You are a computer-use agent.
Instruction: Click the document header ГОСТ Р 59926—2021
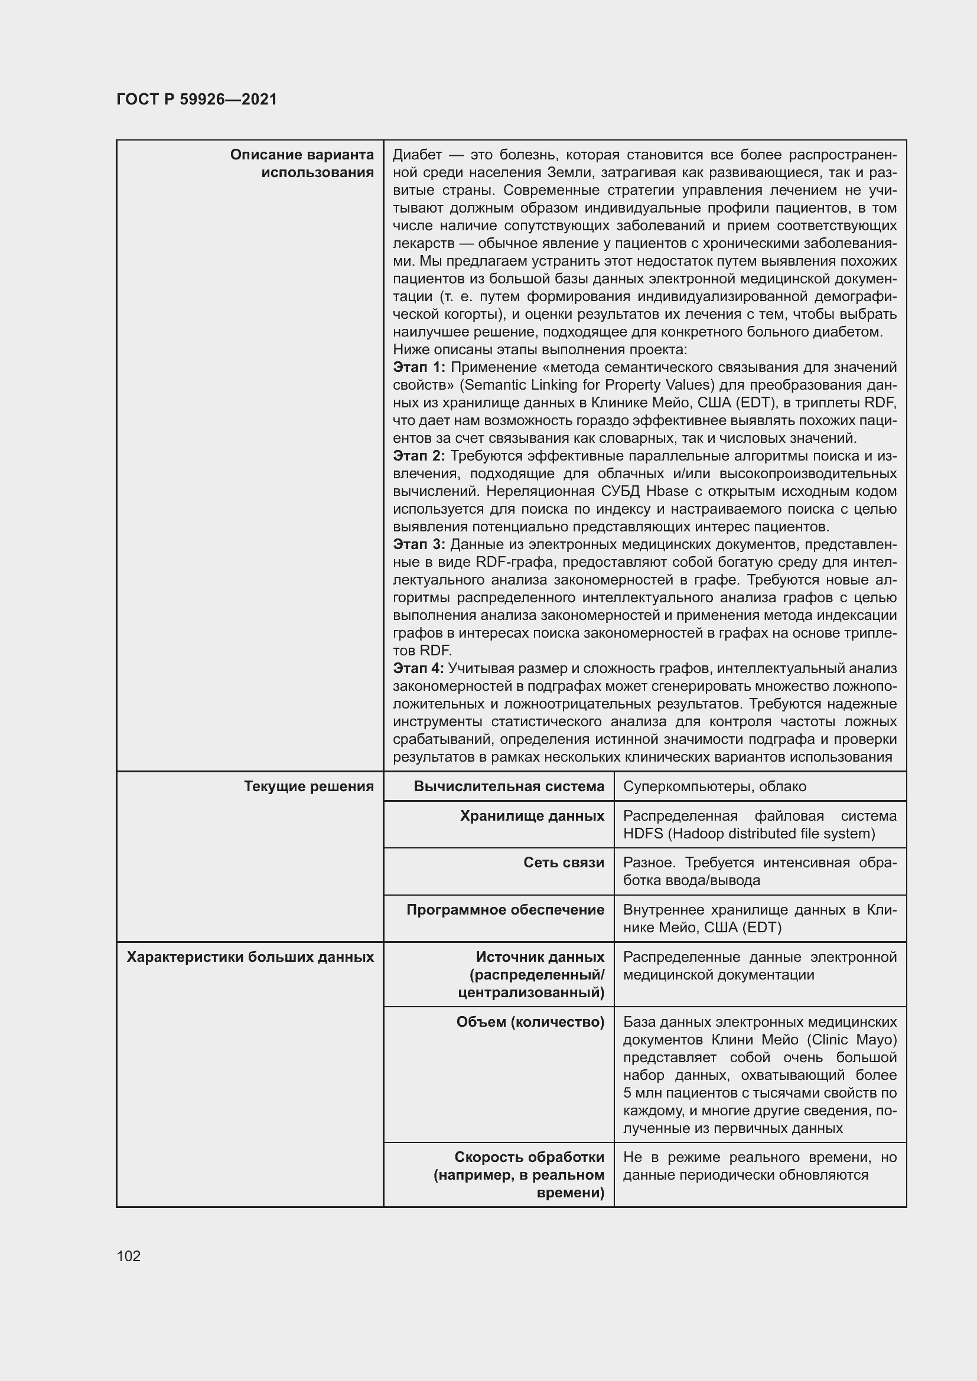[x=197, y=99]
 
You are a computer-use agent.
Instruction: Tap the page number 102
[x=129, y=1256]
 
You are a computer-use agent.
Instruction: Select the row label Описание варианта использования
[x=302, y=164]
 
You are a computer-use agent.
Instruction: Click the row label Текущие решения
[x=308, y=786]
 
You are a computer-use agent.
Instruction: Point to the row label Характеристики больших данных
[x=250, y=956]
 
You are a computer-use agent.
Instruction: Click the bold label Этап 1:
[x=419, y=367]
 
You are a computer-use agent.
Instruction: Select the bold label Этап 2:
[x=419, y=456]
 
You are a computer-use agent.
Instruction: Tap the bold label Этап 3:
[x=419, y=544]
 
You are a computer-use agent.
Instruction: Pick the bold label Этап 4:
[x=418, y=668]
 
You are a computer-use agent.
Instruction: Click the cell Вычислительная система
[x=509, y=786]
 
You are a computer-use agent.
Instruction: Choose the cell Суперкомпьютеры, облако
[x=714, y=786]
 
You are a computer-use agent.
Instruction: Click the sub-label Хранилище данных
[x=532, y=815]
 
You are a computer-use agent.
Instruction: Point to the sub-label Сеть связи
[x=564, y=863]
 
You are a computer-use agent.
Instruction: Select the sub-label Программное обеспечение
[x=506, y=909]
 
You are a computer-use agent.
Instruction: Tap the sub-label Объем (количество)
[x=530, y=1022]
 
